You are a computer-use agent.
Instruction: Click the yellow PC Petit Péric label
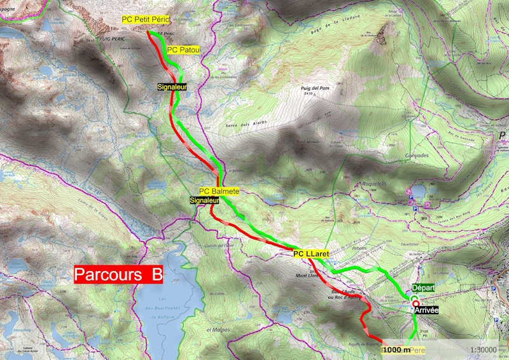(x=146, y=20)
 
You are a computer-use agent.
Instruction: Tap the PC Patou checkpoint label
(x=183, y=49)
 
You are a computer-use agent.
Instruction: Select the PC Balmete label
(x=219, y=191)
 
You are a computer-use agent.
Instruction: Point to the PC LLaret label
(x=310, y=253)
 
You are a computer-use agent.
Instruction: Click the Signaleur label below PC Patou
(x=171, y=86)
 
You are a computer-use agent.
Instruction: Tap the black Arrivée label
(x=426, y=310)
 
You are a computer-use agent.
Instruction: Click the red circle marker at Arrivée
(x=415, y=303)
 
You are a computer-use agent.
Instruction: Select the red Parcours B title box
(x=118, y=275)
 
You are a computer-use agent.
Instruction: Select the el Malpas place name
(x=217, y=329)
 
